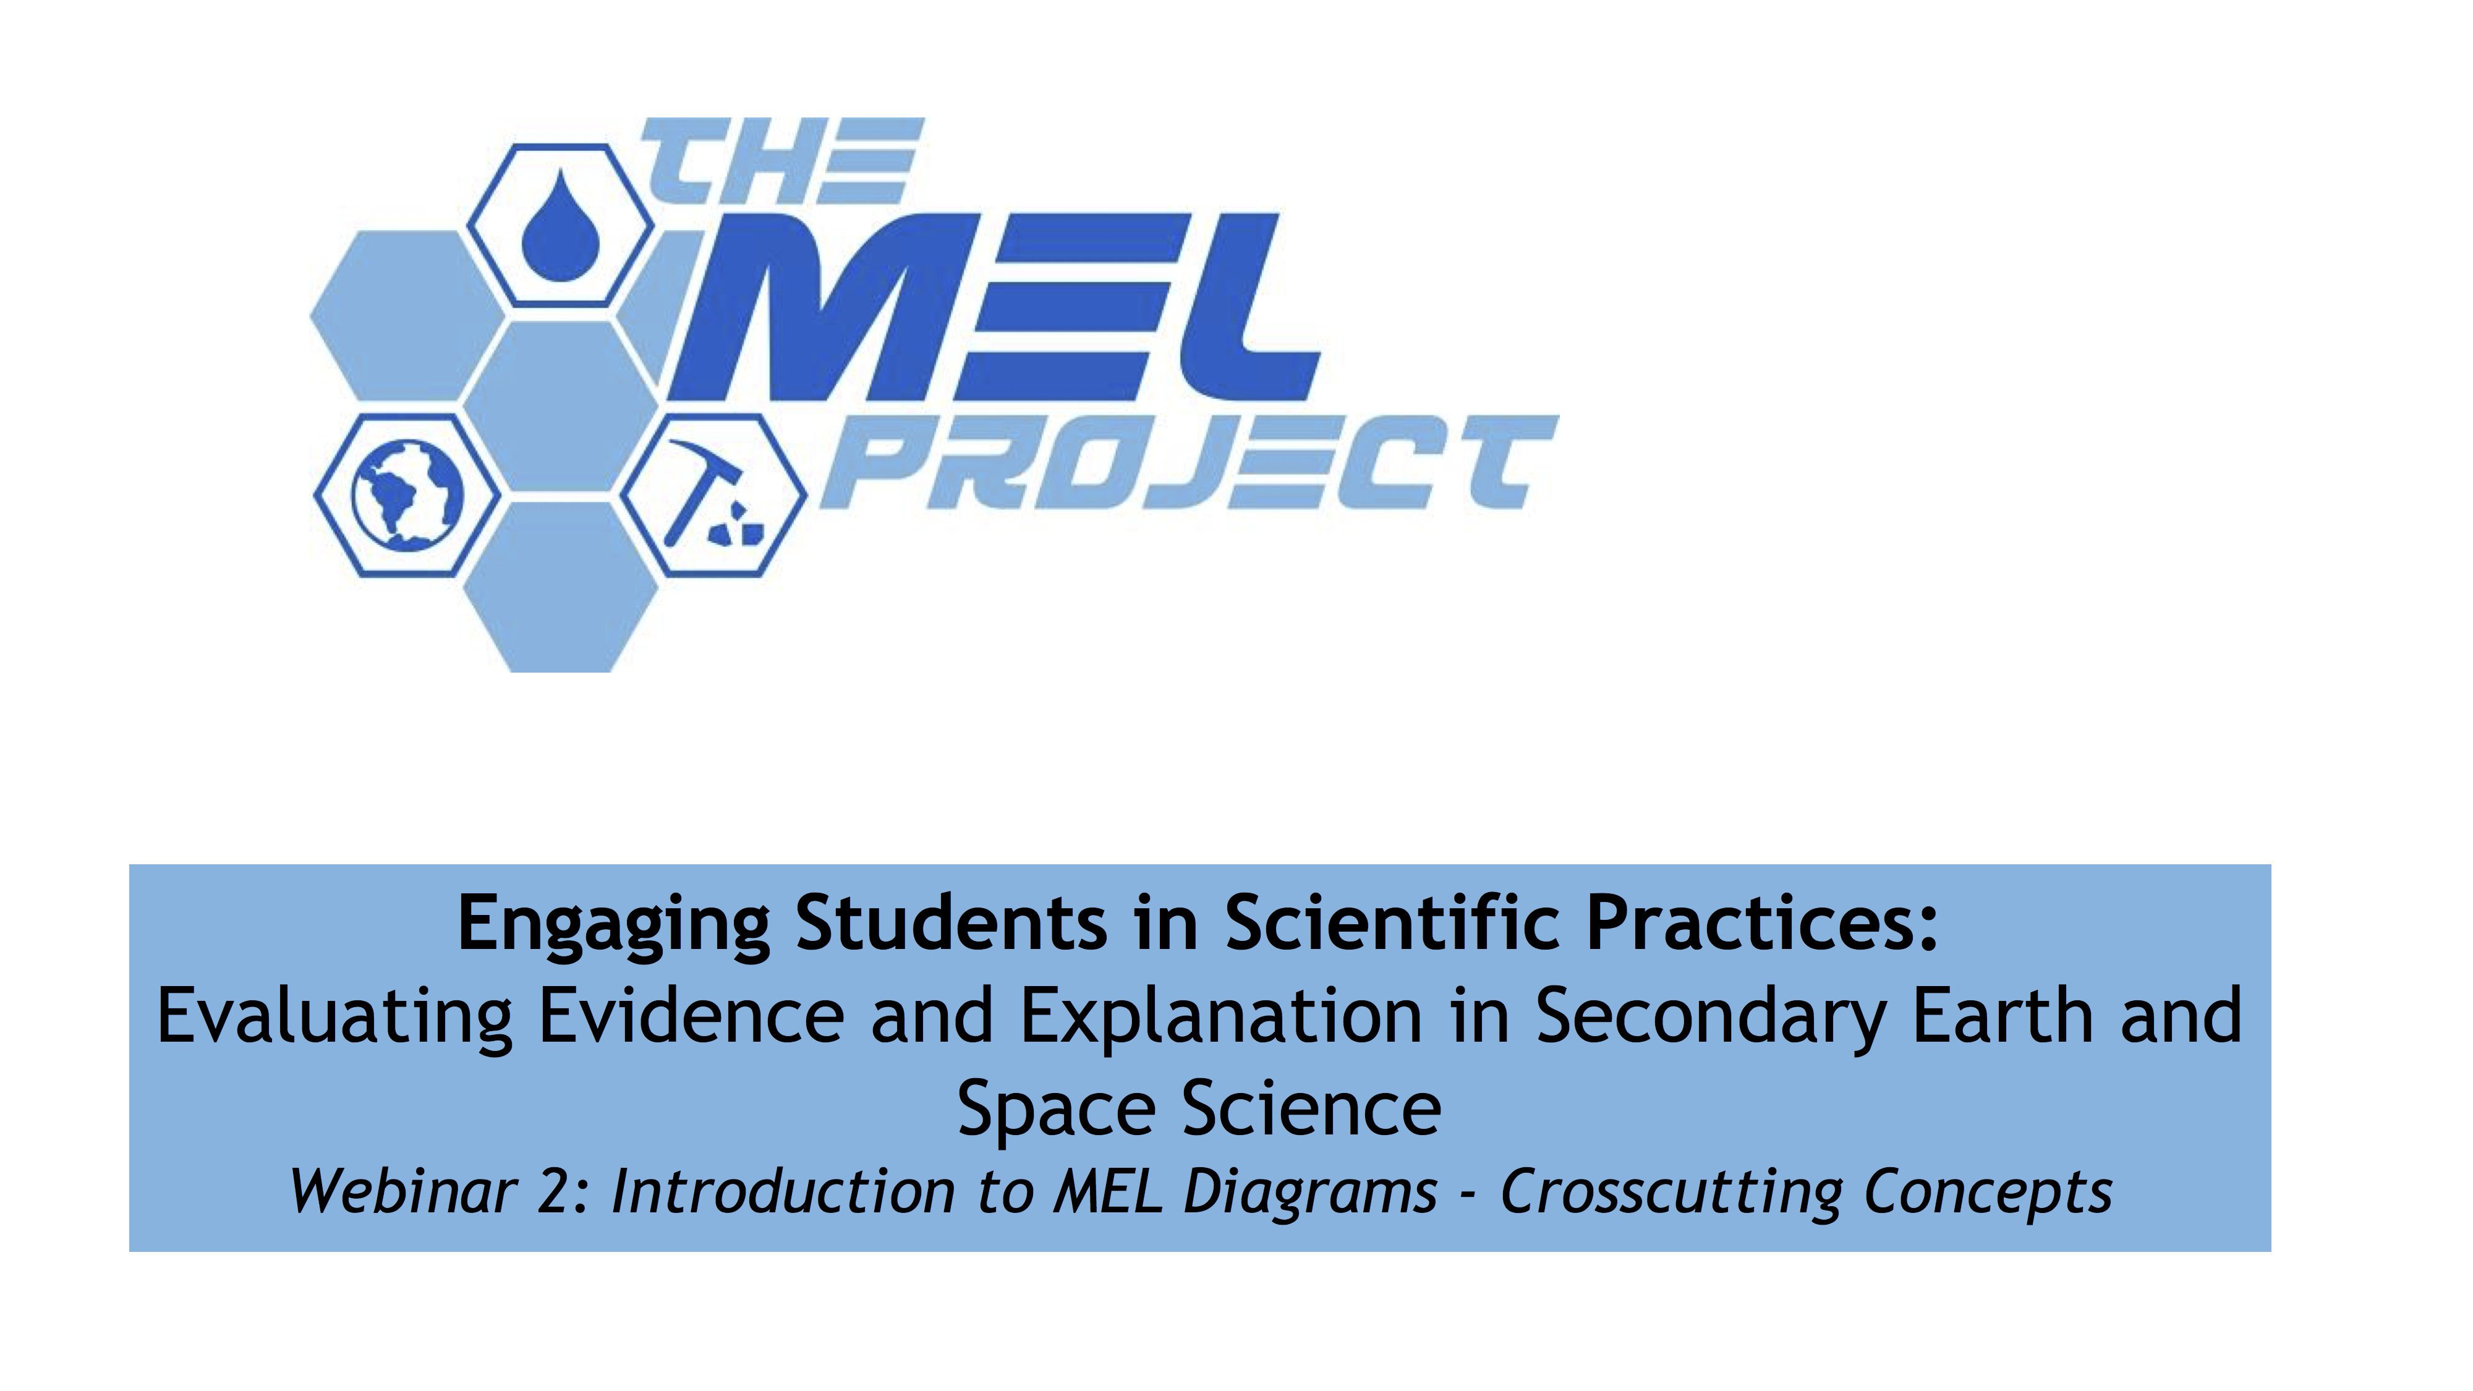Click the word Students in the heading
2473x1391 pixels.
tap(950, 924)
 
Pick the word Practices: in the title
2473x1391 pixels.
tap(1761, 924)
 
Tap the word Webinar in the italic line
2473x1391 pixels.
tap(402, 1193)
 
